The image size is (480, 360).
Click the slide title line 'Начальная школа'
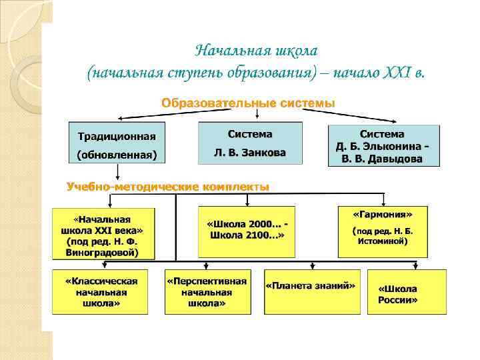point(257,51)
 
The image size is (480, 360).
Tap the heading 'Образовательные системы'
point(248,103)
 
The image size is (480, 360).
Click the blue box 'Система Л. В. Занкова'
point(250,143)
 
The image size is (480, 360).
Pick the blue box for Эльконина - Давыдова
point(383,146)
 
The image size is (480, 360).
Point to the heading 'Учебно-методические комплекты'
point(168,187)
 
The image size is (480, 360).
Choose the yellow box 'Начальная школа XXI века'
point(103,233)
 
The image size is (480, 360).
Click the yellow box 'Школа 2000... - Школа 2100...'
point(247,230)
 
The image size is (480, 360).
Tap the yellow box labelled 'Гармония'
point(383,231)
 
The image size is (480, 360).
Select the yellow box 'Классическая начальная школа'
point(101,291)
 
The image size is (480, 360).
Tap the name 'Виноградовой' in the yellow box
point(103,253)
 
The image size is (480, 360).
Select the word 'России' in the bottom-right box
point(398,300)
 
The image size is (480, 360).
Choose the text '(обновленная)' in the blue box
point(117,156)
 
